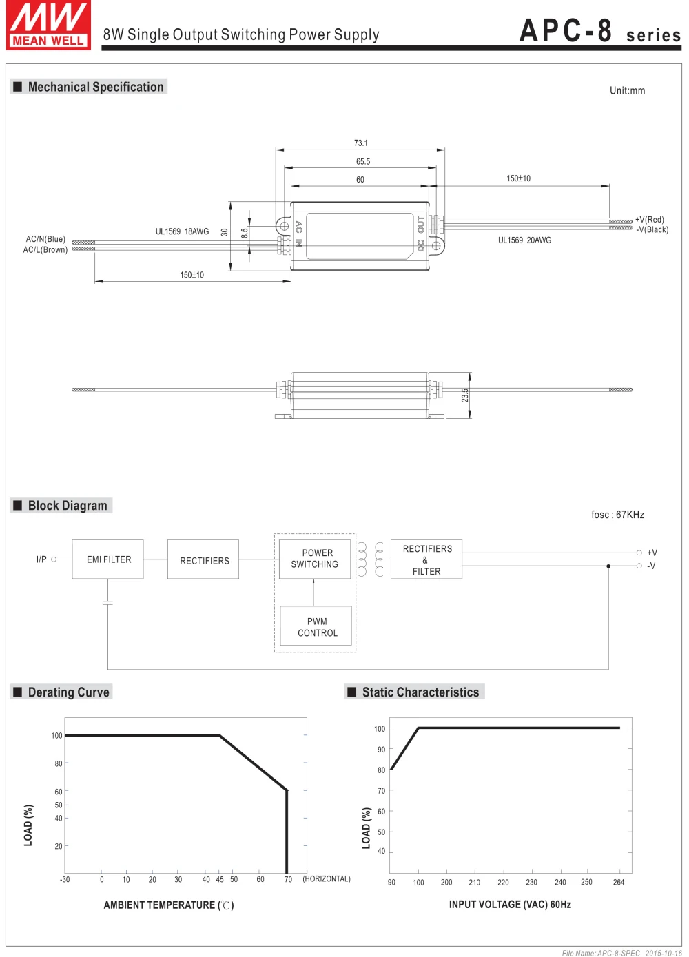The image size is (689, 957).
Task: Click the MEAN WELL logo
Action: [48, 25]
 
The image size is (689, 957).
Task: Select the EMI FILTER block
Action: [107, 559]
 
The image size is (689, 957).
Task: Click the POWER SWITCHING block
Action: [315, 559]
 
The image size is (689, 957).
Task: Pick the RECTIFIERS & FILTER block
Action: [426, 559]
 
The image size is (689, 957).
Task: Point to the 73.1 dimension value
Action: [361, 143]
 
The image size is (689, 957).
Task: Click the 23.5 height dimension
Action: [465, 395]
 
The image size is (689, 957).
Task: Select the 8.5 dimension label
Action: [245, 234]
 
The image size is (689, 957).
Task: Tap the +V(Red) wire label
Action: [650, 220]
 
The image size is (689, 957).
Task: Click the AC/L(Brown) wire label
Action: [45, 250]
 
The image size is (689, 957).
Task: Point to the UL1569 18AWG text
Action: [183, 231]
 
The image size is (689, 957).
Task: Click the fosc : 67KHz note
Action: [617, 515]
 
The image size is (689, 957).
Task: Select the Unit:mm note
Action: [628, 90]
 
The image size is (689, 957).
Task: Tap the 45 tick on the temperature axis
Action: [220, 879]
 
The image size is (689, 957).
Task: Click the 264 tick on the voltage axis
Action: [619, 882]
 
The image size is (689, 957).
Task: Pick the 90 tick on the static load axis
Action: [382, 750]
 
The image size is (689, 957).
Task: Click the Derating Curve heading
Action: [68, 692]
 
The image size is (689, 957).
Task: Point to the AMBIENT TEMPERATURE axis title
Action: [169, 905]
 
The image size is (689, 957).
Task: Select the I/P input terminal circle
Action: [54, 559]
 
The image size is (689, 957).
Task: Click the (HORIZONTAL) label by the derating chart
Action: [327, 879]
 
